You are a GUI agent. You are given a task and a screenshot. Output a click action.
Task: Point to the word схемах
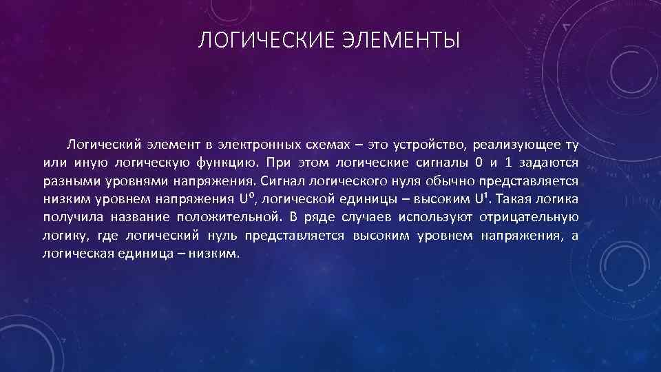[329, 145]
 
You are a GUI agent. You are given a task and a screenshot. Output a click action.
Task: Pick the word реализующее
[509, 145]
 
